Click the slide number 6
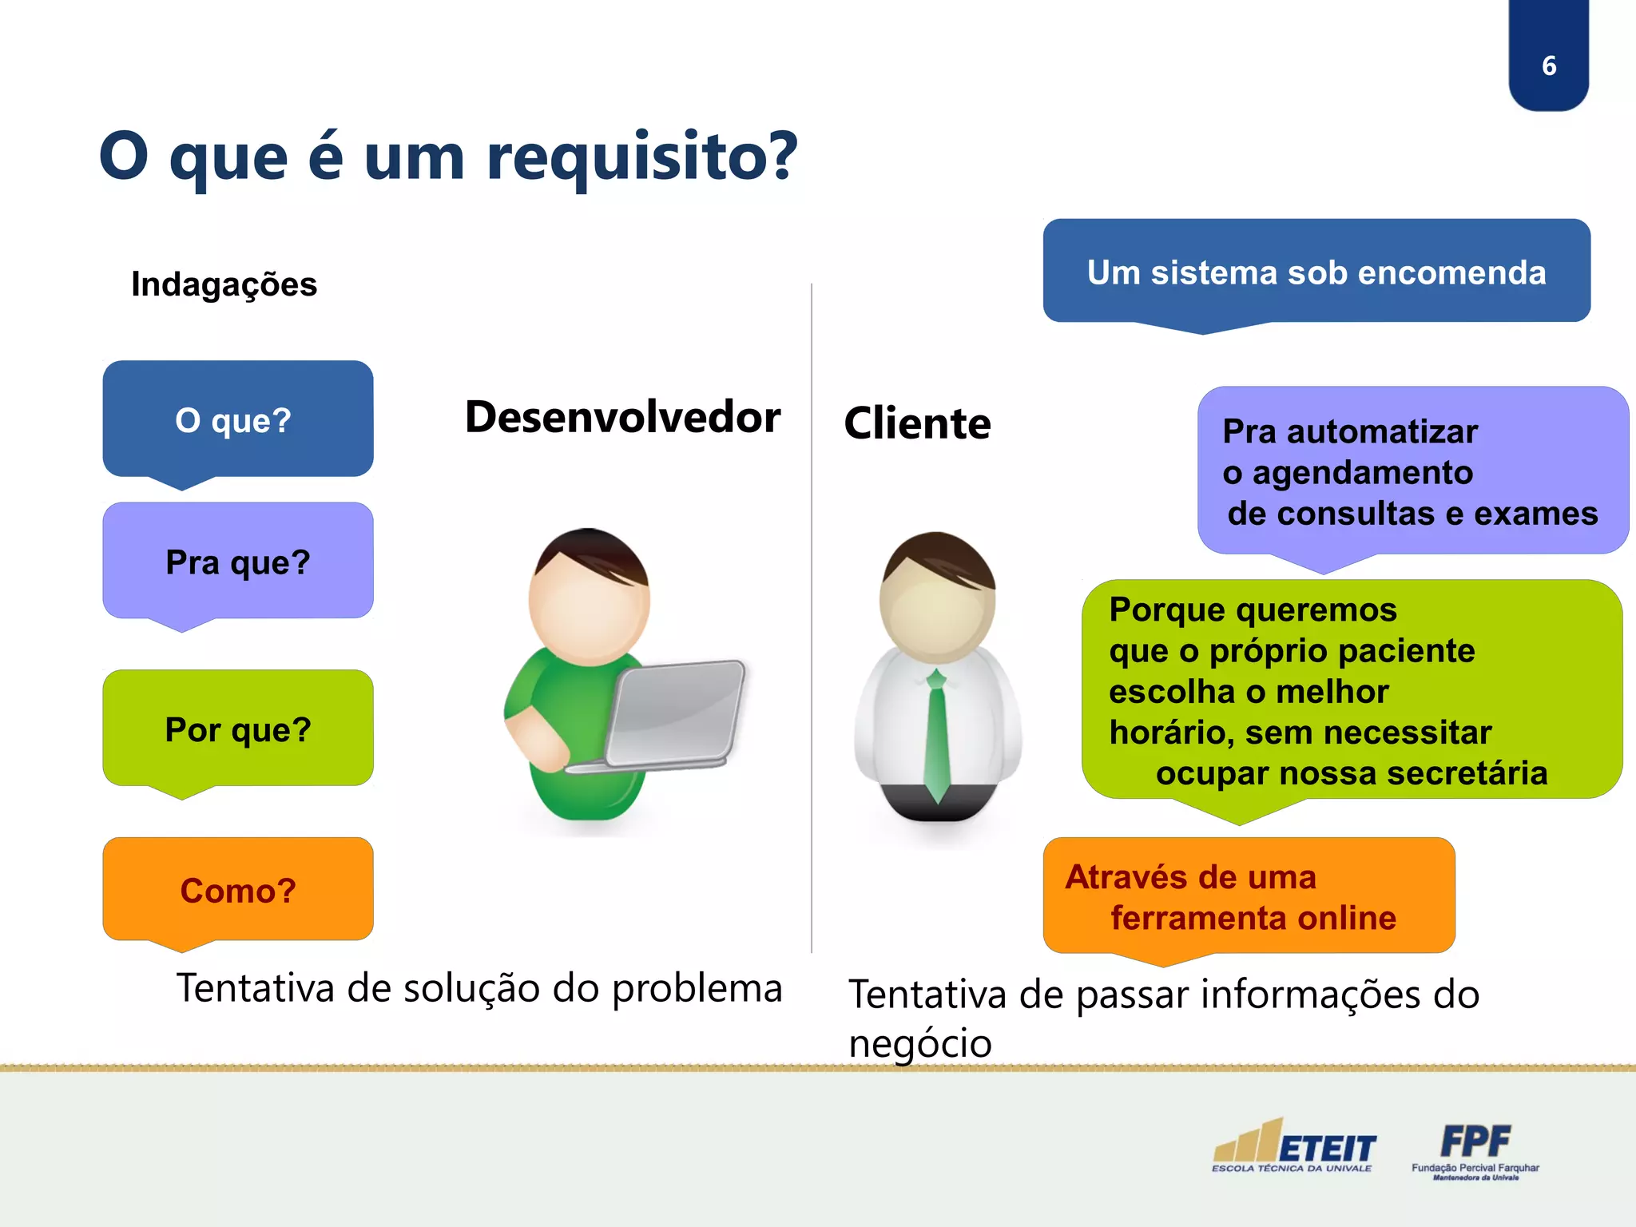pyautogui.click(x=1548, y=66)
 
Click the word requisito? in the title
pyautogui.click(x=641, y=157)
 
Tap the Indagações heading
pyautogui.click(x=224, y=284)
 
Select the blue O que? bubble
pyautogui.click(x=237, y=419)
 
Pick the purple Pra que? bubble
pyautogui.click(x=237, y=562)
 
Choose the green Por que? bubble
pyautogui.click(x=237, y=729)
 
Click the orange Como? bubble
pyautogui.click(x=237, y=890)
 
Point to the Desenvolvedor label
pyautogui.click(x=622, y=417)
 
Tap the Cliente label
pyautogui.click(x=917, y=423)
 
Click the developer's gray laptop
pyautogui.click(x=675, y=713)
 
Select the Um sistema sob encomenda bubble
pyautogui.click(x=1316, y=272)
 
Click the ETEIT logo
pyautogui.click(x=1294, y=1147)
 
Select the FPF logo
pyautogui.click(x=1475, y=1149)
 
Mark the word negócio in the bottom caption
pyautogui.click(x=919, y=1044)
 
